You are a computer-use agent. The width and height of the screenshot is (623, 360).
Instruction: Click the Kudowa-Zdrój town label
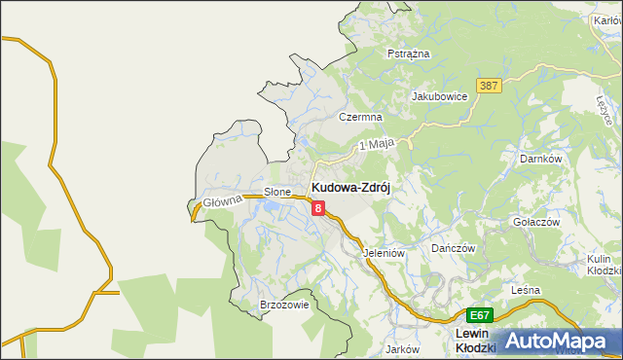tap(349, 188)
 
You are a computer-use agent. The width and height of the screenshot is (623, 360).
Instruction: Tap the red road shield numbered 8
tap(317, 206)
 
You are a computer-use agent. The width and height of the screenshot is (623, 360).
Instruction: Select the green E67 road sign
tap(480, 315)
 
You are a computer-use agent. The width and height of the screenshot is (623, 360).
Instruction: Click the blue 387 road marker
tap(489, 87)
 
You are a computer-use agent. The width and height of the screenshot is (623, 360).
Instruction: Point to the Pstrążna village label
tap(408, 54)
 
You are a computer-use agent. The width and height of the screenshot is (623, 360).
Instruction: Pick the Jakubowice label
tap(440, 96)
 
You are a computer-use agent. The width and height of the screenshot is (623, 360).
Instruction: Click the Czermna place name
tap(357, 116)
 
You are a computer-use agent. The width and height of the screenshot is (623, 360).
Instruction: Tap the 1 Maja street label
tap(376, 144)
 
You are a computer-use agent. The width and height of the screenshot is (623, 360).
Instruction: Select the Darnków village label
tap(541, 158)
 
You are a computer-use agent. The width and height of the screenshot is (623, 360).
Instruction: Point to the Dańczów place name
tap(453, 248)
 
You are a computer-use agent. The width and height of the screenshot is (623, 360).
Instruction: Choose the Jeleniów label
tap(383, 252)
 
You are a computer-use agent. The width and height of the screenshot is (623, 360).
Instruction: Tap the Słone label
tap(277, 192)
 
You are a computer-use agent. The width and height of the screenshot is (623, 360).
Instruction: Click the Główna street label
tap(222, 201)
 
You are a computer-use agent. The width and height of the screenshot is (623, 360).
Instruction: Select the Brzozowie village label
tap(284, 305)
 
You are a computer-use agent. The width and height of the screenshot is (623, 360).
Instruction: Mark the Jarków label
tap(401, 348)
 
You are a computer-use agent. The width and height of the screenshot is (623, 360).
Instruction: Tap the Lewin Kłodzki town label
tap(477, 341)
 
